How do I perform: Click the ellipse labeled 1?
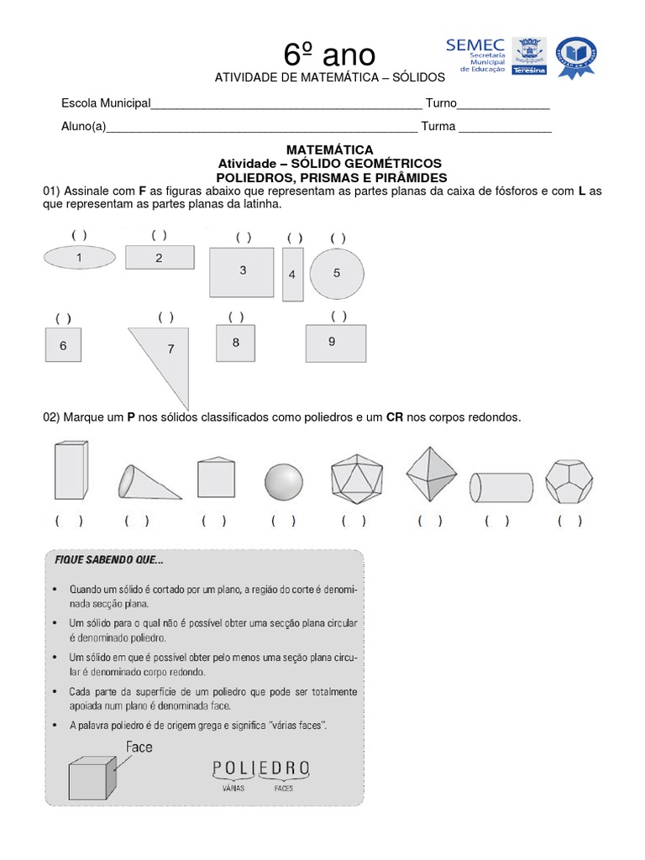pos(80,259)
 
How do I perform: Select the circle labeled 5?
pos(337,273)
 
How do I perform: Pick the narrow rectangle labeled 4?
pos(292,274)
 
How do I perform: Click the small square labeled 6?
pos(64,345)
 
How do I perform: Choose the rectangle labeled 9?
pos(336,343)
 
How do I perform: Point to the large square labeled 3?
pos(242,271)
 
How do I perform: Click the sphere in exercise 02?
pos(283,481)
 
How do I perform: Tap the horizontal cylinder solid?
pos(501,485)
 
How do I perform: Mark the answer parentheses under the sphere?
pos(283,521)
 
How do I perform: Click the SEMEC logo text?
pos(475,45)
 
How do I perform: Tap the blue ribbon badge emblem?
pos(576,57)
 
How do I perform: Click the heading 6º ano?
pos(329,55)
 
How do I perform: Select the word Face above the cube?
pos(139,747)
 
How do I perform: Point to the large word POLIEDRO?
pos(261,768)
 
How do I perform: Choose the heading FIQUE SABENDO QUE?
pos(109,559)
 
